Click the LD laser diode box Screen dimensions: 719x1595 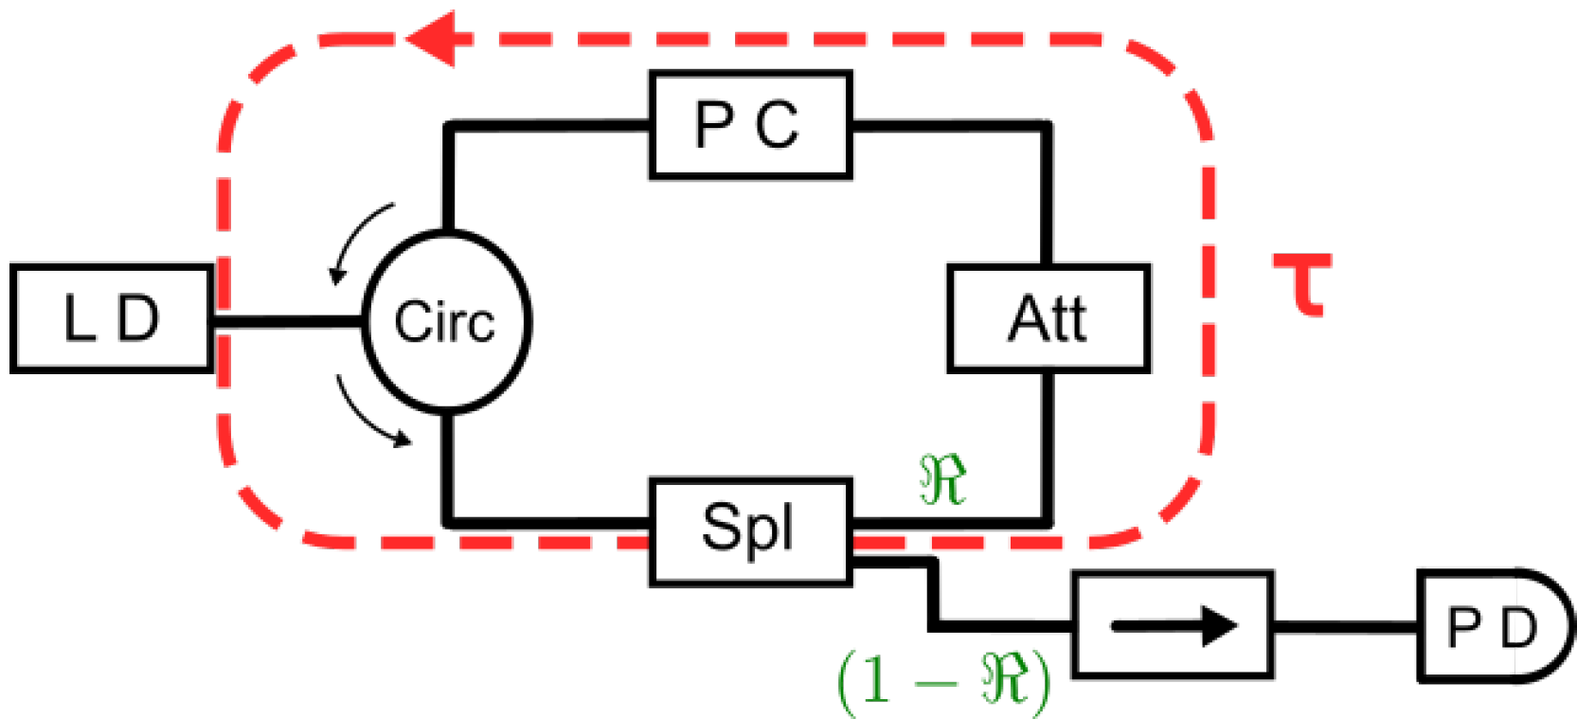click(111, 318)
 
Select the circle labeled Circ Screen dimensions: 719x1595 click(446, 322)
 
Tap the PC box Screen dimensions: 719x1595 click(750, 124)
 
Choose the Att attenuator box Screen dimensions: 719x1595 click(1048, 318)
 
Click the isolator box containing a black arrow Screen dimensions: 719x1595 click(1173, 624)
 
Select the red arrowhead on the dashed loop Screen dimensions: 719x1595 click(432, 40)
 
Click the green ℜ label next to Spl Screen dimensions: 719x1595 click(943, 480)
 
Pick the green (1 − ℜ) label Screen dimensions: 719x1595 click(943, 678)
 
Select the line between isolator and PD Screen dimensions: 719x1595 click(1345, 626)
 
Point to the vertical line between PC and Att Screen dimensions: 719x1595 click(1047, 194)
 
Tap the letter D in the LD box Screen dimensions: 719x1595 click(139, 318)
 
